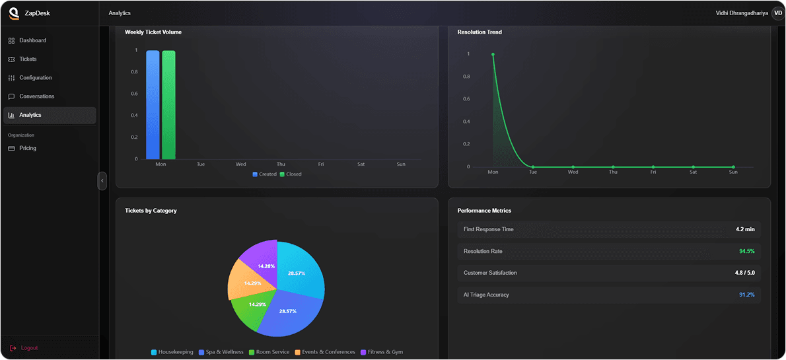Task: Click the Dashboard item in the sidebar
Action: point(32,40)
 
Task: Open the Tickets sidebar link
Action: point(28,59)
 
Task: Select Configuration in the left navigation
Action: point(35,78)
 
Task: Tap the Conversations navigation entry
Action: point(36,96)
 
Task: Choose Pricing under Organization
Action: point(28,148)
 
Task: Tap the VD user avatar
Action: point(777,13)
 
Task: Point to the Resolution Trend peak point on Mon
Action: point(493,54)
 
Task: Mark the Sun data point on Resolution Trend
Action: point(733,167)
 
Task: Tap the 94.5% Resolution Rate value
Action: point(746,252)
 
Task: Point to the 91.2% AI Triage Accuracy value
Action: point(746,295)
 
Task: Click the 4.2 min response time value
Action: point(745,229)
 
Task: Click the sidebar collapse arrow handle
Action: point(102,181)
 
